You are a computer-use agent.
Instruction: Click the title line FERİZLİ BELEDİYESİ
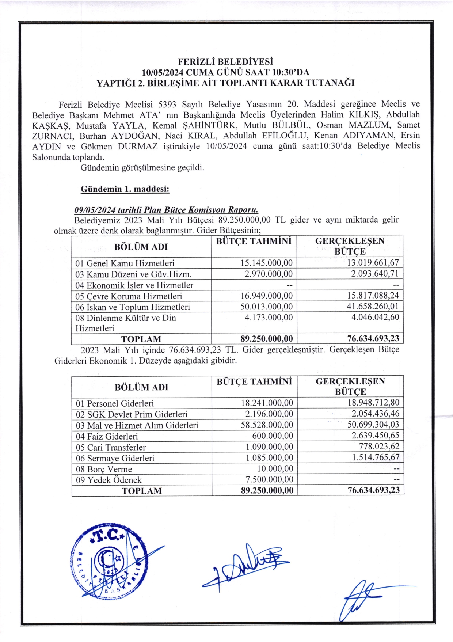coord(225,61)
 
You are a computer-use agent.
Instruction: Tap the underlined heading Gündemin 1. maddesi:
coord(125,189)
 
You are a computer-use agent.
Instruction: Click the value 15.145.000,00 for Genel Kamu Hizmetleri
coord(266,263)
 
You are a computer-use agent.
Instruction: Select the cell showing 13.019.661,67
coord(373,263)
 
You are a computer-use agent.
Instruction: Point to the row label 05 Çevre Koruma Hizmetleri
coord(129,296)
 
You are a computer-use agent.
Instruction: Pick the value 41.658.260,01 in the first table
coord(373,307)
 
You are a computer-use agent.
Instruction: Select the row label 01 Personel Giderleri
coord(115,404)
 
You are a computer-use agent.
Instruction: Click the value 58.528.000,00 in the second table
coord(267,425)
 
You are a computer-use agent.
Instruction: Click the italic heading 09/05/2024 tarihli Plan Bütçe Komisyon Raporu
coord(166,210)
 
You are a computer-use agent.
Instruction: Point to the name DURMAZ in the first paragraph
coord(138,147)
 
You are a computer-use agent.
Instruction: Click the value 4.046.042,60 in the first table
coord(375,317)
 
